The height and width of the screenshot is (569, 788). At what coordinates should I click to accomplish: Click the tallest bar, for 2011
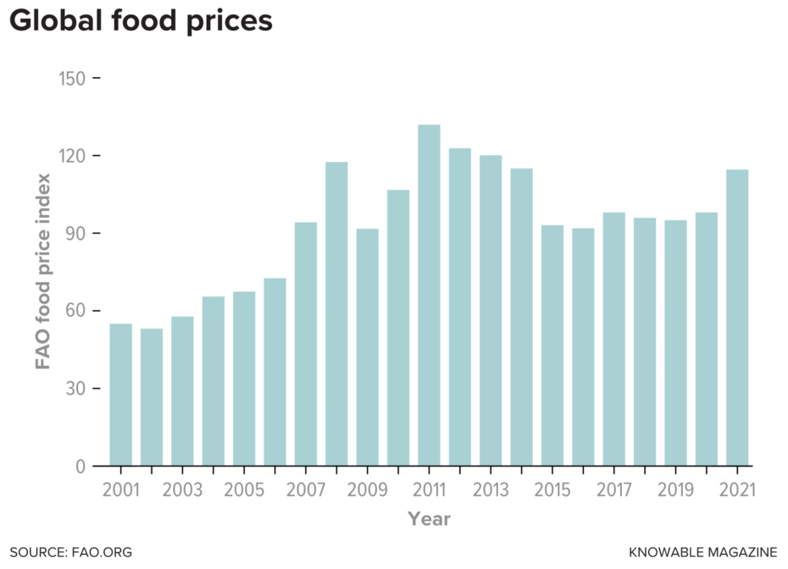click(x=429, y=296)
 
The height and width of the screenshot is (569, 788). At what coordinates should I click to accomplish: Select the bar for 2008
click(x=336, y=313)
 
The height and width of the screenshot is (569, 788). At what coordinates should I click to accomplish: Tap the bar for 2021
click(x=737, y=318)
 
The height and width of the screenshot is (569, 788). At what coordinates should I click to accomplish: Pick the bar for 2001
click(x=120, y=395)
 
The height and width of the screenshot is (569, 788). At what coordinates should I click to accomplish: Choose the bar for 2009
click(x=367, y=347)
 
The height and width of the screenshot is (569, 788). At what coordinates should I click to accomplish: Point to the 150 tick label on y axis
click(x=72, y=79)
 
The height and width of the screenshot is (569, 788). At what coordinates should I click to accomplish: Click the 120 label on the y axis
click(x=72, y=156)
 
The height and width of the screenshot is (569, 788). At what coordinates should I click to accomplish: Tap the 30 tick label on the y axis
click(x=75, y=389)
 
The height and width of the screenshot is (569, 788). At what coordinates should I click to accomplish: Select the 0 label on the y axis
click(x=80, y=467)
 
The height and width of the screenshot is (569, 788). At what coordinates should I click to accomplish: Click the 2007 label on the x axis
click(x=305, y=490)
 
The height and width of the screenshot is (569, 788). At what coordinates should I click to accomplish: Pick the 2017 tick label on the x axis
click(x=613, y=490)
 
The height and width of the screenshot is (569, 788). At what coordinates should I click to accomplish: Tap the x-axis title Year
click(x=429, y=518)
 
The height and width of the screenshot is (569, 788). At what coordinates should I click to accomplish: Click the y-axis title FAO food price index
click(x=42, y=272)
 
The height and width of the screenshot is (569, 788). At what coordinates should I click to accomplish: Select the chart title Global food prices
click(x=141, y=20)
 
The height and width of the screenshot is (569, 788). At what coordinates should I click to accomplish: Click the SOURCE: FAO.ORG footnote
click(x=71, y=552)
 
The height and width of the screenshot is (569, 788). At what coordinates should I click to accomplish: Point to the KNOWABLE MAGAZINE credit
click(x=702, y=552)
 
